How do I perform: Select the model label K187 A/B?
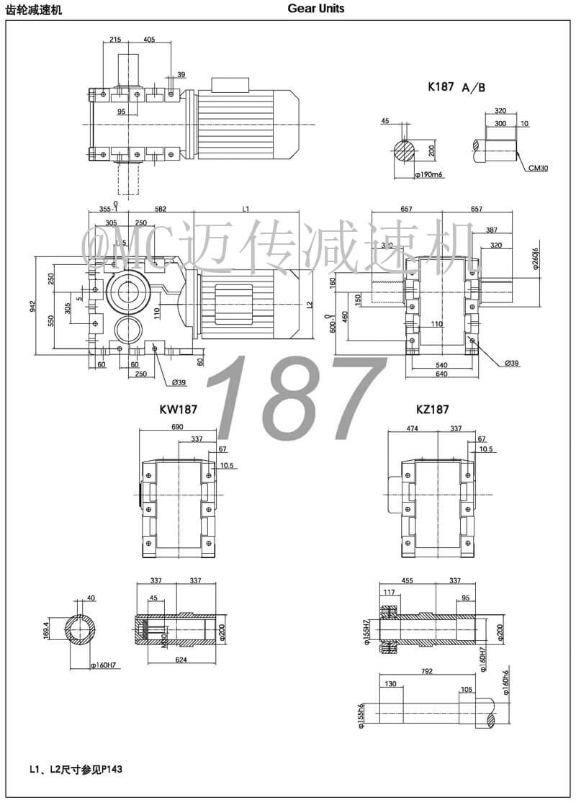(x=456, y=87)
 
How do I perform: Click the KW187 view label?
(x=179, y=409)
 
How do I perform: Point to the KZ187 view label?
(x=432, y=409)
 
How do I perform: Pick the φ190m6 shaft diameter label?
(x=428, y=175)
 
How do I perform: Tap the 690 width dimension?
(x=176, y=427)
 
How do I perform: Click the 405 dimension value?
(x=149, y=40)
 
